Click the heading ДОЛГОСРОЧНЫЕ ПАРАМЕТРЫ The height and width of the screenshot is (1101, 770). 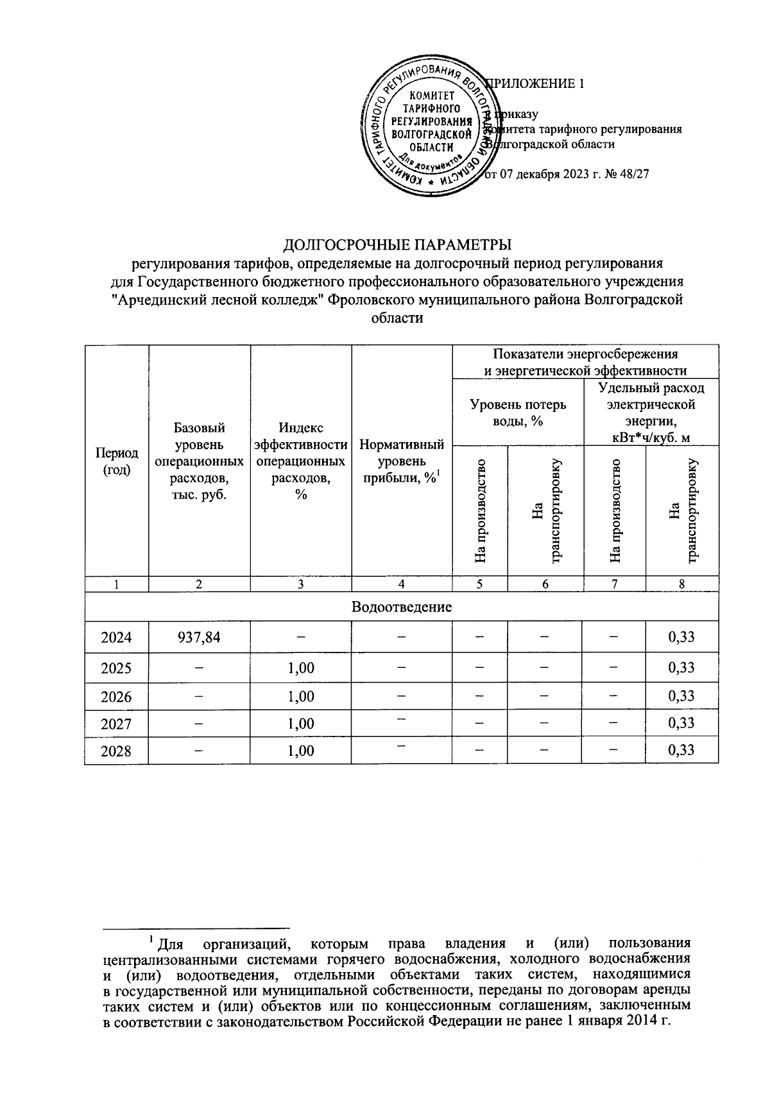click(398, 244)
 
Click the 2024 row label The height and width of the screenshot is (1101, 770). click(116, 638)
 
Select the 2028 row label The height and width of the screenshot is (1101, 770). click(116, 751)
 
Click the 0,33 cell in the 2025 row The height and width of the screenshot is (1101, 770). click(681, 667)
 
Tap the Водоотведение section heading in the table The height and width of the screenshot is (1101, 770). click(401, 607)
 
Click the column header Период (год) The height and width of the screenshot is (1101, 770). click(116, 461)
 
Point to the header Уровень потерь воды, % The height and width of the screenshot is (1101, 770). click(518, 413)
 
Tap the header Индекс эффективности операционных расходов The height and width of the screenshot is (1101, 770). click(301, 461)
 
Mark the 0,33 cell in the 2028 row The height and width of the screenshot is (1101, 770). click(681, 751)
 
